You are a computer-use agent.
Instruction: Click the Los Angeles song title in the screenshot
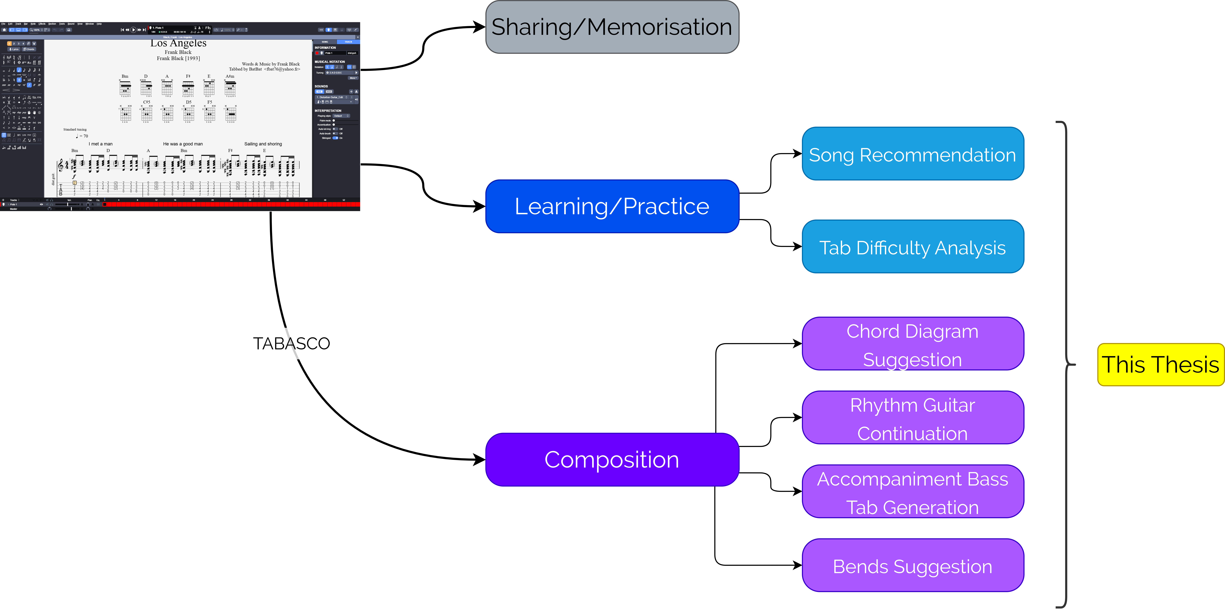click(x=178, y=43)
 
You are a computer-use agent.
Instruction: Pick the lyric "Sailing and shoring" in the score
click(x=263, y=144)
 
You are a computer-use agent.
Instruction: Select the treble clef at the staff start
click(x=60, y=165)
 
